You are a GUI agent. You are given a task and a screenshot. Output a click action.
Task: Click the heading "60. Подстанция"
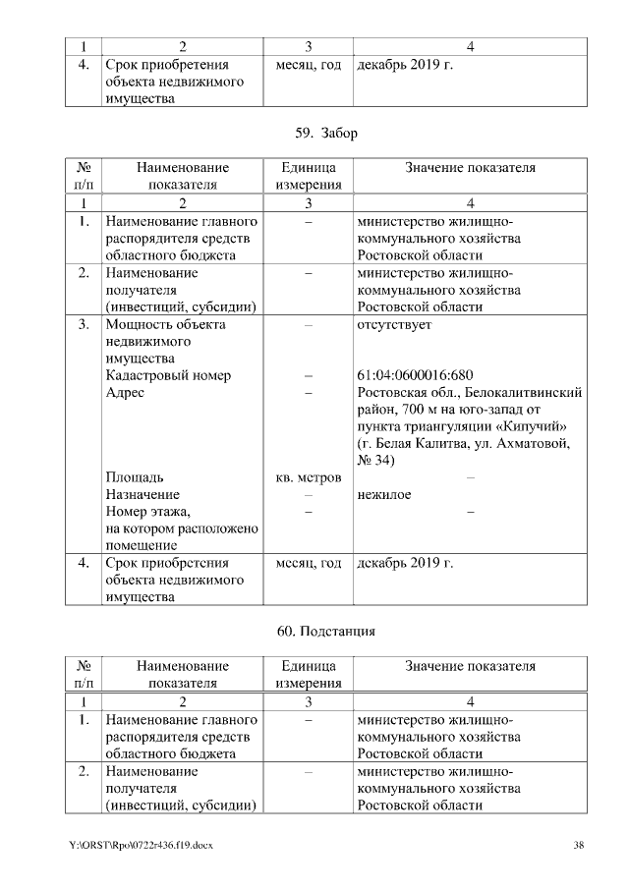point(314,631)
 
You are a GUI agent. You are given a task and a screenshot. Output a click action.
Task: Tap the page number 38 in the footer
point(579,845)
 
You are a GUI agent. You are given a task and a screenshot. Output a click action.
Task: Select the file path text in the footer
point(141,845)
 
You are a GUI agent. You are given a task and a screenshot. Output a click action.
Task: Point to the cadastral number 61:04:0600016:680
point(415,375)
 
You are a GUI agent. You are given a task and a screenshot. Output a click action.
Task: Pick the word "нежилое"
point(384,494)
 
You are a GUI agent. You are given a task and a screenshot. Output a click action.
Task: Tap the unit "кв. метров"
point(309,477)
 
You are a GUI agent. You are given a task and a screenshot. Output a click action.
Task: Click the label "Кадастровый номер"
point(168,375)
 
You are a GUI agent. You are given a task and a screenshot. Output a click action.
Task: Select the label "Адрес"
point(125,392)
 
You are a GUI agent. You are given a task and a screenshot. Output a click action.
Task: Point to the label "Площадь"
point(135,477)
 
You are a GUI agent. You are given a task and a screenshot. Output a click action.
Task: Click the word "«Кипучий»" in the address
point(535,426)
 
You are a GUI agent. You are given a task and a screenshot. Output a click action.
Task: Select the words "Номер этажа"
point(148,511)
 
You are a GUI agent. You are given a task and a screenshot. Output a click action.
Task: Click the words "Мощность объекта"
point(165,324)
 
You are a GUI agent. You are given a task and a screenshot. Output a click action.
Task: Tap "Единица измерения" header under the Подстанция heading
point(309,674)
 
